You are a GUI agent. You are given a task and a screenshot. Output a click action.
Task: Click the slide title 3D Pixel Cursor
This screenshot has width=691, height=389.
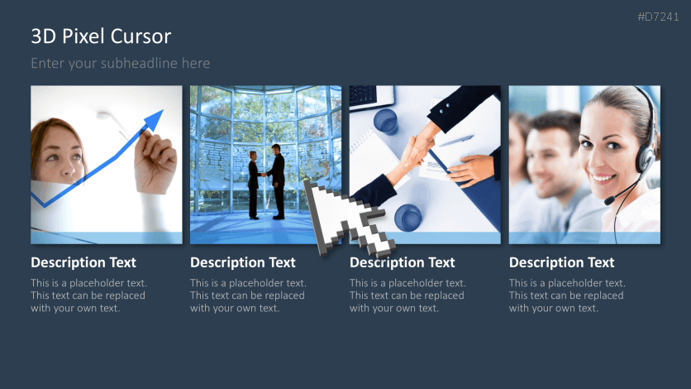(101, 36)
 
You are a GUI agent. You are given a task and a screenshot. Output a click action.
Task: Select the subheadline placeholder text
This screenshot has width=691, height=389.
(121, 63)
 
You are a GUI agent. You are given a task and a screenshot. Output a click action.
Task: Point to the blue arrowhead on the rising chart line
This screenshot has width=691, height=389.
(153, 122)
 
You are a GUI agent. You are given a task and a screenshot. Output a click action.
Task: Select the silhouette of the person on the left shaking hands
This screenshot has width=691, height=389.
(253, 183)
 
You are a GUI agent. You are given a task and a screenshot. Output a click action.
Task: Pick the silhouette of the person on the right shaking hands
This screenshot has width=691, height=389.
(277, 180)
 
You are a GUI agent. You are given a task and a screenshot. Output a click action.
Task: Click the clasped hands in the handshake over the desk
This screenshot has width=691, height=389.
(420, 149)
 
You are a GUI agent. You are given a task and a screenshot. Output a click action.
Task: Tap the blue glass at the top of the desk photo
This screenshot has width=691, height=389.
(385, 122)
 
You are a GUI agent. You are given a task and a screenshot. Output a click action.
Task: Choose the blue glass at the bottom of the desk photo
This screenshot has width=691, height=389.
(407, 219)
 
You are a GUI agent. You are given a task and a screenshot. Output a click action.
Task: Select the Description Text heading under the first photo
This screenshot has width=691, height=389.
(83, 262)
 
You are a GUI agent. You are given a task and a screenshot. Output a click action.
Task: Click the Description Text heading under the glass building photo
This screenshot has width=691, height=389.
(243, 262)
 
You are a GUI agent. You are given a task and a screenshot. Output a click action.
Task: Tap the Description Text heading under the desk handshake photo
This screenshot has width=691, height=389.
(403, 262)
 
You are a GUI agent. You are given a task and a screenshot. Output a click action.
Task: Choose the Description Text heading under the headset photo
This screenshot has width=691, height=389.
(562, 262)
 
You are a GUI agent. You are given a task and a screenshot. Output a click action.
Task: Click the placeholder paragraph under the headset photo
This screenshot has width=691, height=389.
(567, 295)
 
